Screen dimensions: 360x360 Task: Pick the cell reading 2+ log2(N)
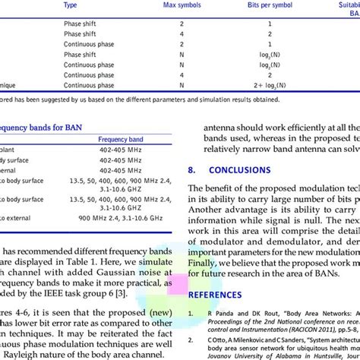271,87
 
